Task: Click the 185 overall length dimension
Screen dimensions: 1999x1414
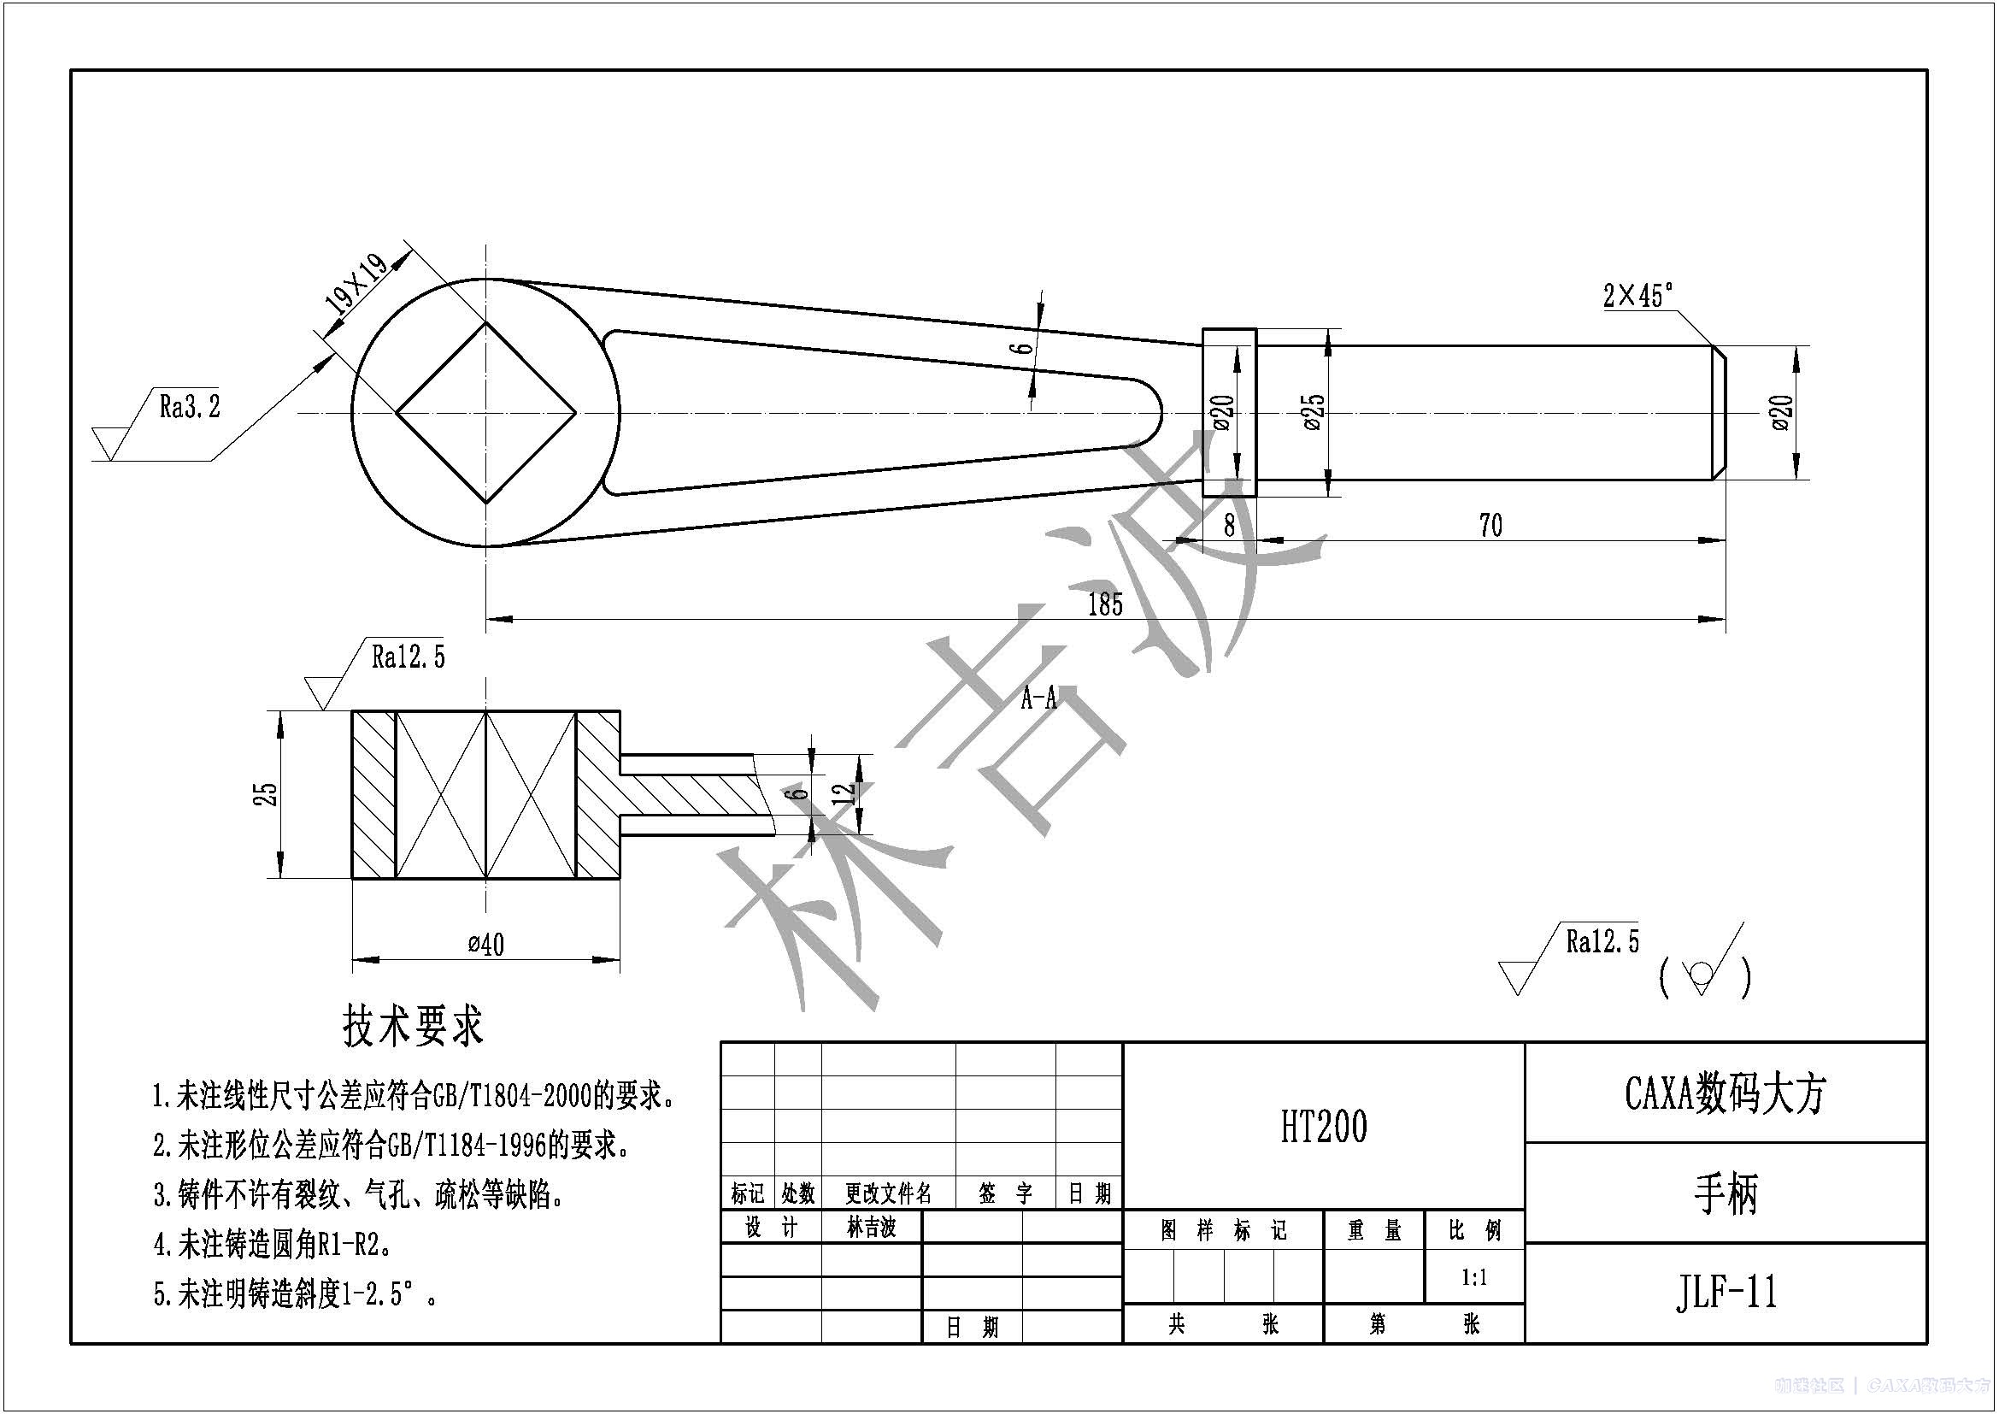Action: tap(1105, 604)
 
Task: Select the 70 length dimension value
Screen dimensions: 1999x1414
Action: tap(1490, 525)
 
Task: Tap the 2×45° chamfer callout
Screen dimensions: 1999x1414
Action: tap(1638, 296)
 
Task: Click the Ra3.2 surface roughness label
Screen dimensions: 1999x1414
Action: tap(190, 406)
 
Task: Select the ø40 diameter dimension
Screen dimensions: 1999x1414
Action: tap(485, 944)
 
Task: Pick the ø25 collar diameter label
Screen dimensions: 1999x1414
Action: tap(1314, 412)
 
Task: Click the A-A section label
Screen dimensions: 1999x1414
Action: tap(1038, 698)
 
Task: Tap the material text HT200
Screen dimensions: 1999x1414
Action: tap(1323, 1126)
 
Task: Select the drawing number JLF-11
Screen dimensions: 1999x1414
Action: tap(1726, 1292)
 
